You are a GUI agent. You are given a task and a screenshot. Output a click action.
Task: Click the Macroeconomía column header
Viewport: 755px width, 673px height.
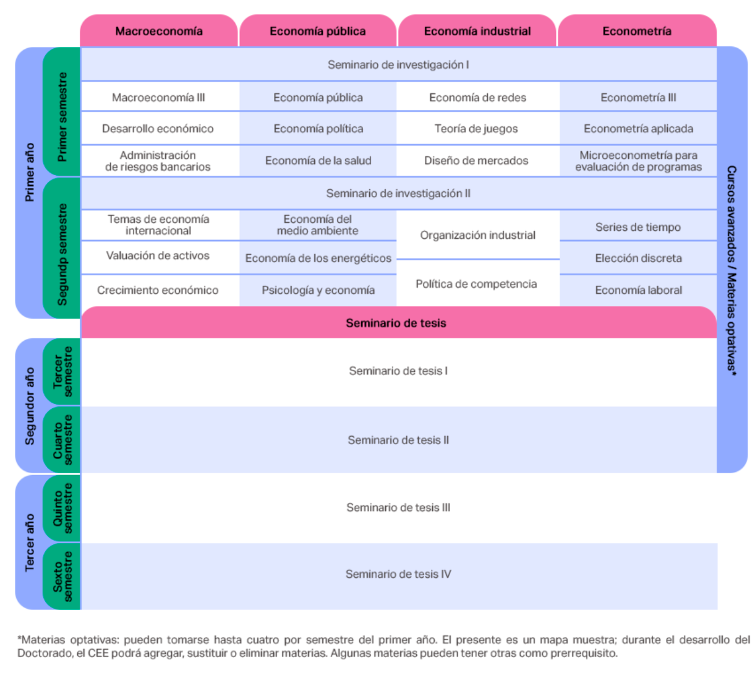click(x=159, y=30)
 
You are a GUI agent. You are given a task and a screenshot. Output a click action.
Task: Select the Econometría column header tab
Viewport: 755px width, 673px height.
click(x=636, y=30)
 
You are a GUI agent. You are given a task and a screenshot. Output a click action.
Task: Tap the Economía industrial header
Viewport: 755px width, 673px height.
click(x=477, y=30)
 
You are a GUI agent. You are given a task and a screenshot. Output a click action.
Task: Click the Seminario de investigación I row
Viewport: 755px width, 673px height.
click(x=398, y=64)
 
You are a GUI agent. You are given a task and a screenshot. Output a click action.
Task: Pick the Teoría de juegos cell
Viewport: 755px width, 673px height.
click(x=476, y=128)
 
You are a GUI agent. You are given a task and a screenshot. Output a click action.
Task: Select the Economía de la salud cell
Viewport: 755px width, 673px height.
click(x=318, y=160)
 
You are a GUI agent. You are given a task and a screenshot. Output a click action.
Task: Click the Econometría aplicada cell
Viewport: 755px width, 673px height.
click(x=638, y=128)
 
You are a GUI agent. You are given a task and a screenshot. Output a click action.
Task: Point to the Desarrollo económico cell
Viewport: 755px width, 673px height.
click(x=158, y=128)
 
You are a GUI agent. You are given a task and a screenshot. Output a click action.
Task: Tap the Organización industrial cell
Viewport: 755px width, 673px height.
click(x=477, y=235)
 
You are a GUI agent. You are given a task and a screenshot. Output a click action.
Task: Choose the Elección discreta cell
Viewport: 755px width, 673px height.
click(x=638, y=258)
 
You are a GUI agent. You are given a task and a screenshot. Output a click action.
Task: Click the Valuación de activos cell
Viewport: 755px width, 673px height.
click(x=158, y=255)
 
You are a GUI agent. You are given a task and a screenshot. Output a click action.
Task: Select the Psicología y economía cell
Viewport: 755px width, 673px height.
click(x=318, y=289)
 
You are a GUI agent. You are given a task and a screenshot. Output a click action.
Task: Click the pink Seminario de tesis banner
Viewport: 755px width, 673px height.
click(x=398, y=322)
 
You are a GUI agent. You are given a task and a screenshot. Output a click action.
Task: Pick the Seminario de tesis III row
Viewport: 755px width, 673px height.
click(x=398, y=507)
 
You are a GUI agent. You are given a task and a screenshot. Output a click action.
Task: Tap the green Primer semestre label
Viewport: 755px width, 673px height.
click(x=62, y=116)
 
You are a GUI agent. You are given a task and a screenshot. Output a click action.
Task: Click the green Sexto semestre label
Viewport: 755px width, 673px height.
click(x=62, y=576)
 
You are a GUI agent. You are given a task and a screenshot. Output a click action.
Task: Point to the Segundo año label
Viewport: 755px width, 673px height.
click(x=30, y=406)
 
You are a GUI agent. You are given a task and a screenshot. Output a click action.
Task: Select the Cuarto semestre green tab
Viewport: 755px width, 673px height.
click(x=62, y=440)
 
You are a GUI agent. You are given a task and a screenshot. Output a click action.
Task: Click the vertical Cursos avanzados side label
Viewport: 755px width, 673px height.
click(x=731, y=270)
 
